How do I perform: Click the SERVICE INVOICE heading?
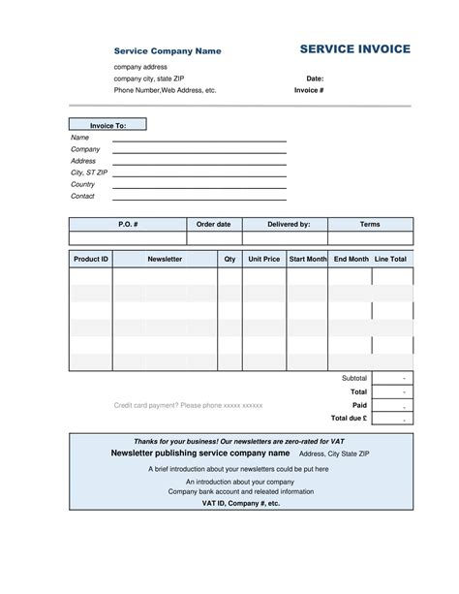point(354,49)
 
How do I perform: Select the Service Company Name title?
point(168,50)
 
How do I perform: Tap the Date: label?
point(315,78)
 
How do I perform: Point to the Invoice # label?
point(309,90)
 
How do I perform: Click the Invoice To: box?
point(107,125)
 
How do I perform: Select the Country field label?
point(83,184)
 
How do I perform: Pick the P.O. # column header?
point(128,224)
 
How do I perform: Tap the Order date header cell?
point(213,224)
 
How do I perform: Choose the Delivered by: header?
point(289,224)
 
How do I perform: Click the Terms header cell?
point(370,224)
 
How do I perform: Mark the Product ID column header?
point(91,260)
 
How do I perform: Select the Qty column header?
point(229,260)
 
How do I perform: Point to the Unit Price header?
point(264,260)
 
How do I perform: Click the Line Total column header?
point(391,260)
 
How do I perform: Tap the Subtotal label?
point(354,377)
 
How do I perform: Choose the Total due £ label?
point(349,418)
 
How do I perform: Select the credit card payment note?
point(189,405)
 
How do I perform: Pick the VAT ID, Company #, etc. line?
point(241,504)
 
